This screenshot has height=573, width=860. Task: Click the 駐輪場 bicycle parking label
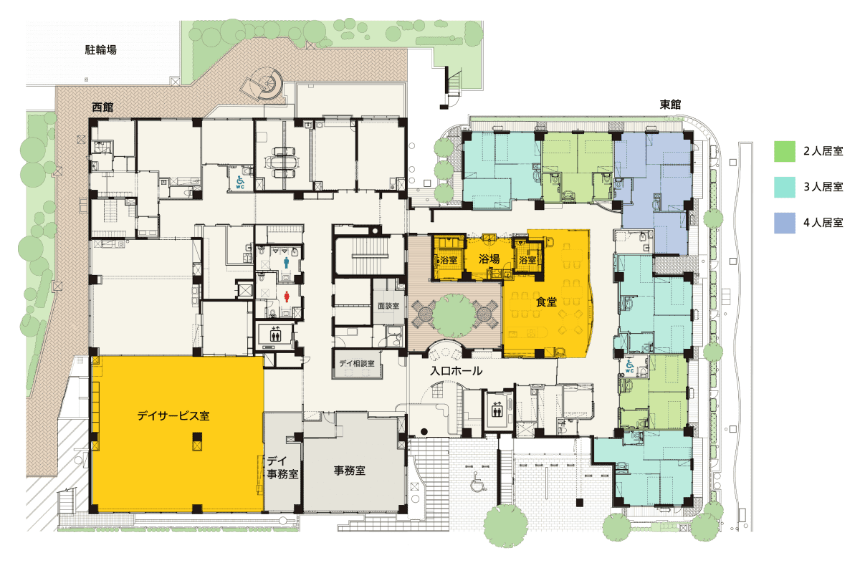tap(100, 50)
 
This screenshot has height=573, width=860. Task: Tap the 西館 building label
tap(102, 107)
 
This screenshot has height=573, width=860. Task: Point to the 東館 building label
tap(670, 105)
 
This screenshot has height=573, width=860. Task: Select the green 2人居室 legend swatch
tap(784, 151)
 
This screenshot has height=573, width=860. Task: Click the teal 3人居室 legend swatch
tap(784, 187)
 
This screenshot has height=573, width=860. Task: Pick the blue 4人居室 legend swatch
tap(784, 223)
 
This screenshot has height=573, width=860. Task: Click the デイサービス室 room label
tap(173, 415)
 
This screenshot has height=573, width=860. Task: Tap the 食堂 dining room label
tap(546, 302)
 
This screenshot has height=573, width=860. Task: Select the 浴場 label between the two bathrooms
tap(489, 259)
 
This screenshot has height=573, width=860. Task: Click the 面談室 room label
tap(388, 306)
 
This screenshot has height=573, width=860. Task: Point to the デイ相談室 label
tap(357, 363)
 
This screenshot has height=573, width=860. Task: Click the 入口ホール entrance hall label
tap(456, 371)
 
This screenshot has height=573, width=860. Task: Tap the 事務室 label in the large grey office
tap(350, 471)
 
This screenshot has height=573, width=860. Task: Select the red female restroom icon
tap(287, 297)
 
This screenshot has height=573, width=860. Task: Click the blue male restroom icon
tap(287, 263)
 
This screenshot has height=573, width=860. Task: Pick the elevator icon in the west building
tap(275, 334)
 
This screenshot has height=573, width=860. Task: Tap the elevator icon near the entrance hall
tap(497, 410)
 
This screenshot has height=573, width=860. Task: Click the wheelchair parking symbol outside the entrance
tap(479, 481)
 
